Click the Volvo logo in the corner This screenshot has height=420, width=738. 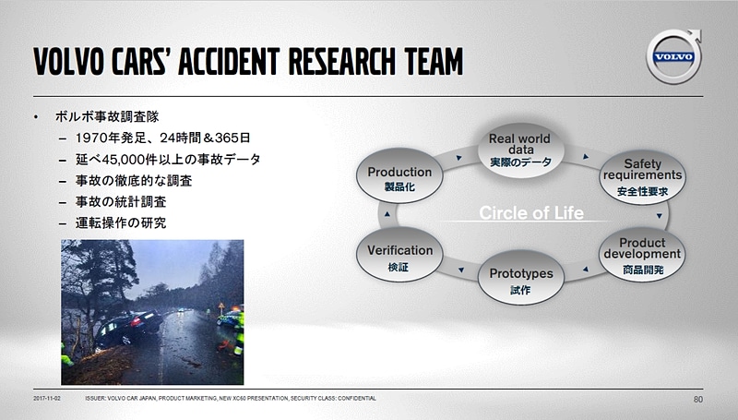click(673, 56)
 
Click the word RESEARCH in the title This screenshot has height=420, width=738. click(341, 61)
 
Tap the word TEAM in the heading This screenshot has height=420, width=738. click(434, 61)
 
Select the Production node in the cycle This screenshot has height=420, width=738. click(399, 175)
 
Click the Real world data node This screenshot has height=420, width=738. click(520, 150)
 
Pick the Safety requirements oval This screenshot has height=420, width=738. click(642, 177)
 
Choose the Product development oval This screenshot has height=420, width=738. click(642, 255)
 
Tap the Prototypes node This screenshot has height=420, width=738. click(520, 278)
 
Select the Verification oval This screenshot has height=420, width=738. click(399, 255)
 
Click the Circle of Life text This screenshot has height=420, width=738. click(531, 213)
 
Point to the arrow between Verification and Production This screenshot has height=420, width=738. click(387, 214)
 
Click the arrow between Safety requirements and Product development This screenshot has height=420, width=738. click(660, 216)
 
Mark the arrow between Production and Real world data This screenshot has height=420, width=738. click(458, 158)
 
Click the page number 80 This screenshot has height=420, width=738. click(698, 400)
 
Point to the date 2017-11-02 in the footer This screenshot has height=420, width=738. click(47, 399)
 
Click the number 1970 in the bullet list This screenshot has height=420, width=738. click(91, 138)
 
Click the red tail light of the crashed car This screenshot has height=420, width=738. click(137, 322)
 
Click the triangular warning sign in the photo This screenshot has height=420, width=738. click(221, 306)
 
